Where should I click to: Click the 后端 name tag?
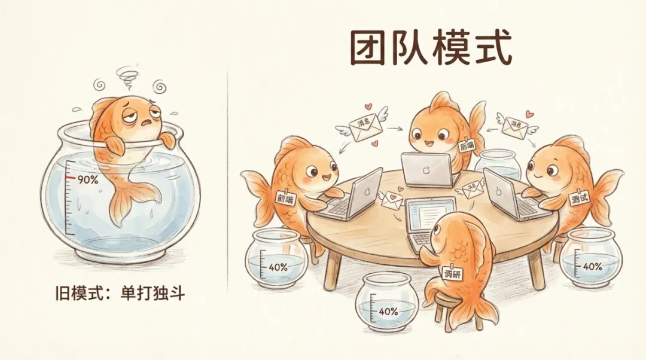[x=468, y=146]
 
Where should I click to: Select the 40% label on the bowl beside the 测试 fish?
[x=592, y=266]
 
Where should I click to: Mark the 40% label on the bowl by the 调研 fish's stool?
[x=388, y=311]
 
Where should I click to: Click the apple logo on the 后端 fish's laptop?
[x=426, y=170]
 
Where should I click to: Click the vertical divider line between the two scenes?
[x=227, y=179]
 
